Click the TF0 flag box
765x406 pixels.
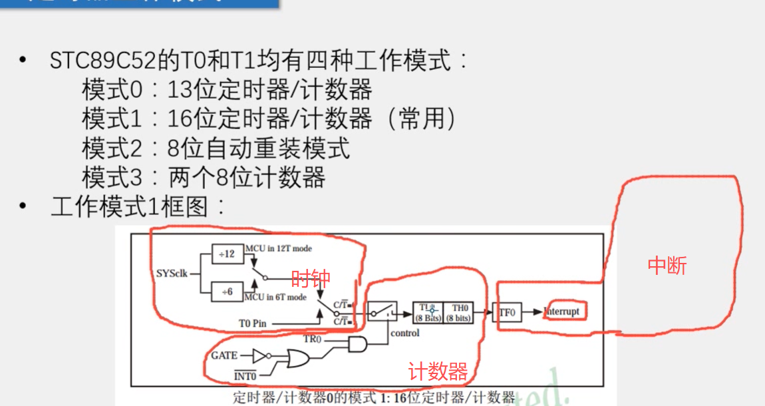pyautogui.click(x=507, y=311)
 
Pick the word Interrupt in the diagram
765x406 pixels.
pyautogui.click(x=562, y=311)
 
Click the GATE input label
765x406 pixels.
pyautogui.click(x=224, y=355)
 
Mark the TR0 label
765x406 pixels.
pyautogui.click(x=313, y=338)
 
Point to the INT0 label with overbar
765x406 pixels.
pyautogui.click(x=245, y=377)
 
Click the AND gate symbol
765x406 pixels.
pyautogui.click(x=357, y=343)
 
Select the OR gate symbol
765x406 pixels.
pyautogui.click(x=295, y=359)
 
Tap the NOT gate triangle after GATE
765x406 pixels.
pyautogui.click(x=259, y=356)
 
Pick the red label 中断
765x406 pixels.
pyautogui.click(x=667, y=266)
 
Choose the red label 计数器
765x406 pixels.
pyautogui.click(x=438, y=371)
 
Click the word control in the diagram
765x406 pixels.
pyautogui.click(x=405, y=333)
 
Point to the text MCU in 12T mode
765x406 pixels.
pyautogui.click(x=278, y=248)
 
